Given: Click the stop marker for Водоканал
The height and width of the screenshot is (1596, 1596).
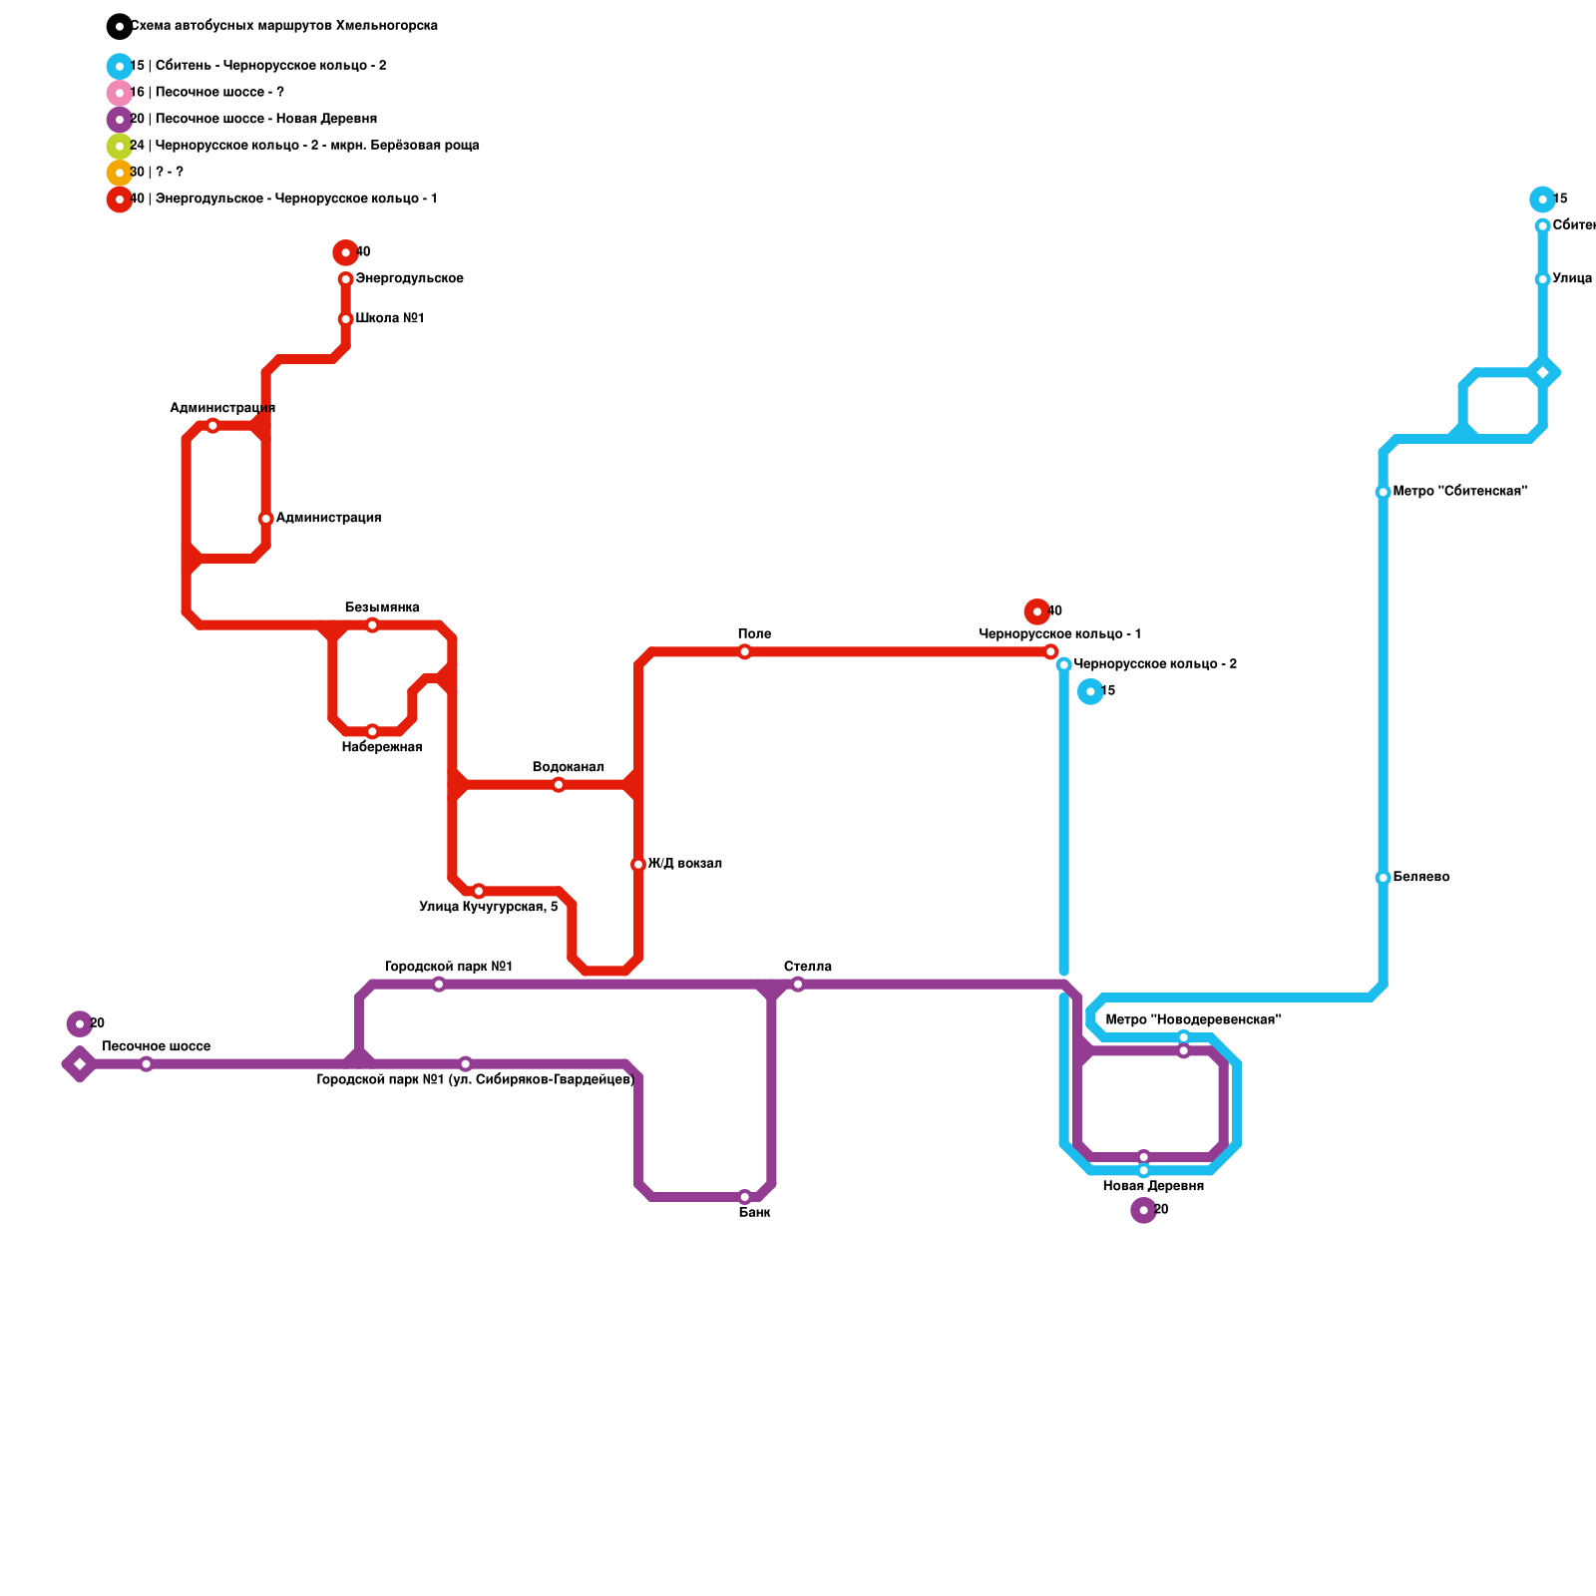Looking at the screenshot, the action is click(x=559, y=785).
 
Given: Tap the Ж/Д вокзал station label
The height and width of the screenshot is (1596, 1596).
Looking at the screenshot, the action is click(x=684, y=864).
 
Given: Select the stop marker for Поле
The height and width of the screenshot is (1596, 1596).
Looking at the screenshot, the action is click(x=744, y=652).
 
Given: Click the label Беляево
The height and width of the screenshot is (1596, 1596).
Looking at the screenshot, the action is click(x=1420, y=878).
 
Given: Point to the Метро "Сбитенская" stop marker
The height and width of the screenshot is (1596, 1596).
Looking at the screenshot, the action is click(x=1383, y=493).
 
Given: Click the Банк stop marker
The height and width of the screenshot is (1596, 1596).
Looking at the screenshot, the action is click(x=744, y=1197).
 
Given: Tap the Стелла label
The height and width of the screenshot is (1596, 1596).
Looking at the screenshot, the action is click(x=807, y=968).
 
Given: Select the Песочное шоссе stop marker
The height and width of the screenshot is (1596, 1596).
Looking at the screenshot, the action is click(x=147, y=1064).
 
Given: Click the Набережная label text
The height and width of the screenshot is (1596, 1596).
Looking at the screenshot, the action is click(x=381, y=748).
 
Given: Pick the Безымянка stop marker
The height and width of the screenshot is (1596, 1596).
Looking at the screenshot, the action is click(x=372, y=625).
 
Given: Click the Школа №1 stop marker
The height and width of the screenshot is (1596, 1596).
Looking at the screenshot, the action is click(x=345, y=319).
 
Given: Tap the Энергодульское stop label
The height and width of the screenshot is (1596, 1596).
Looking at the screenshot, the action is click(x=409, y=279).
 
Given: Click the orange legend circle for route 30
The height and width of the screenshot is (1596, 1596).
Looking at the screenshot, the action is click(x=120, y=173).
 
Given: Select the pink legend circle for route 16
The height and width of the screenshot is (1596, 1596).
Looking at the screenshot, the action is click(x=120, y=93).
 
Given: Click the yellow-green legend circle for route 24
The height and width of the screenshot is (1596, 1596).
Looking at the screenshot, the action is click(x=120, y=146).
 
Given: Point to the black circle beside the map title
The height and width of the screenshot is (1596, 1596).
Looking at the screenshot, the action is click(x=120, y=26).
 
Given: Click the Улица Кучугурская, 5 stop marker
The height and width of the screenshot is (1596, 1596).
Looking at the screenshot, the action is click(x=479, y=891).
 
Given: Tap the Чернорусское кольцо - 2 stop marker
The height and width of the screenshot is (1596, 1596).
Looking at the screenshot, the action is click(x=1064, y=665).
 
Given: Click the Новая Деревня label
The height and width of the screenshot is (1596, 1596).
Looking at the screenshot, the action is click(x=1152, y=1187).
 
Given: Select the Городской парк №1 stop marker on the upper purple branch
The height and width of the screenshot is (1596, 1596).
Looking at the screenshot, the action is click(x=439, y=985).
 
